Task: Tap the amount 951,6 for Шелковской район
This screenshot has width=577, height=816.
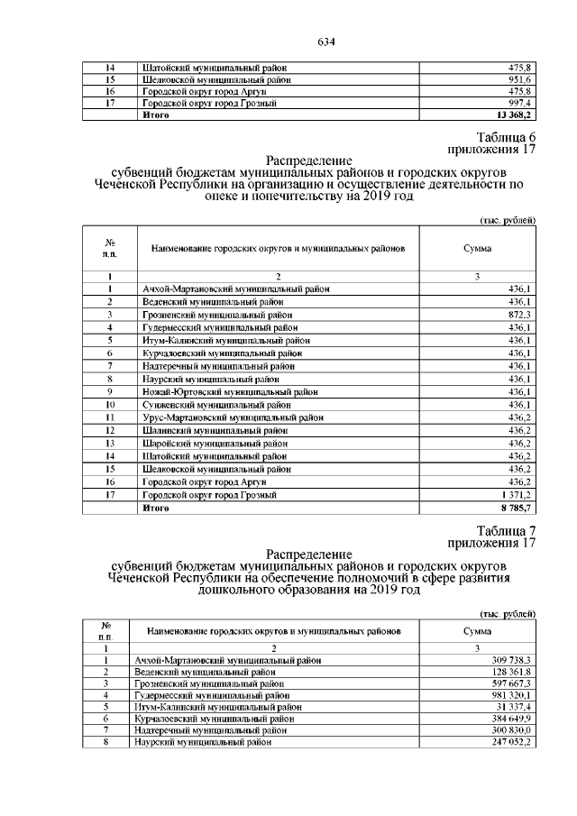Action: click(x=520, y=79)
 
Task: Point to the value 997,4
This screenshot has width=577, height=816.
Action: click(x=520, y=104)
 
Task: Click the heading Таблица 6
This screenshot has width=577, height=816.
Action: click(x=507, y=137)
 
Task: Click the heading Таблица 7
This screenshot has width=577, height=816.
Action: click(x=507, y=530)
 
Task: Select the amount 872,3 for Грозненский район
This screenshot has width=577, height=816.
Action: click(x=520, y=314)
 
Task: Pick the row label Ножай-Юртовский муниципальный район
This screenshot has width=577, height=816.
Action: click(x=230, y=391)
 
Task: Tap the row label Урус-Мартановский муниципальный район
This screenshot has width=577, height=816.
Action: click(x=233, y=417)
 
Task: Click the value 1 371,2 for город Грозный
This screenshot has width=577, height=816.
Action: click(x=516, y=495)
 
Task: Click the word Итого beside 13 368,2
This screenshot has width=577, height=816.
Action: click(x=156, y=116)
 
